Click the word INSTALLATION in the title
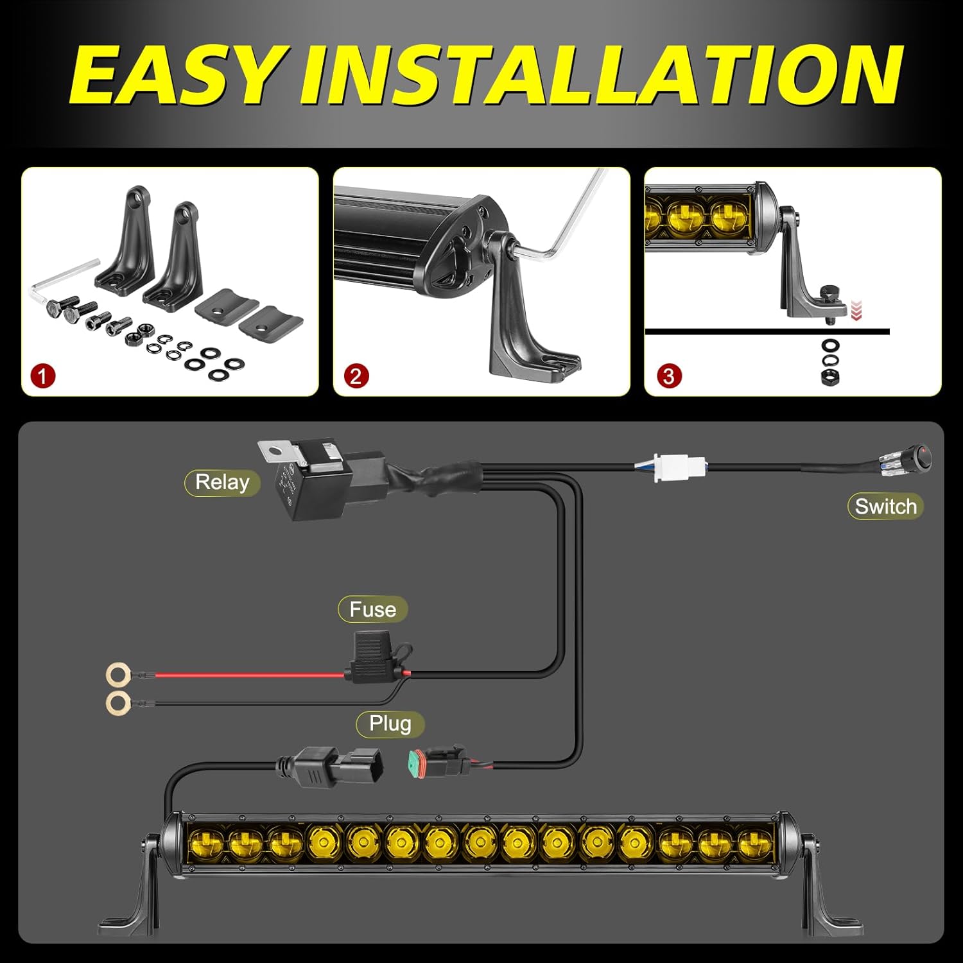click(601, 75)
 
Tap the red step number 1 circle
click(43, 376)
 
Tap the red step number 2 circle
click(356, 376)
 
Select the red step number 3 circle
click(668, 376)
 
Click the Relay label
click(222, 482)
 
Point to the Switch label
click(885, 507)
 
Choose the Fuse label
click(372, 609)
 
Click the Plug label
click(390, 724)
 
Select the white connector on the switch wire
click(671, 466)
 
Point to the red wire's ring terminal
click(117, 675)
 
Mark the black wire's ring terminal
click(117, 702)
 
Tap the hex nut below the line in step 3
click(830, 376)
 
